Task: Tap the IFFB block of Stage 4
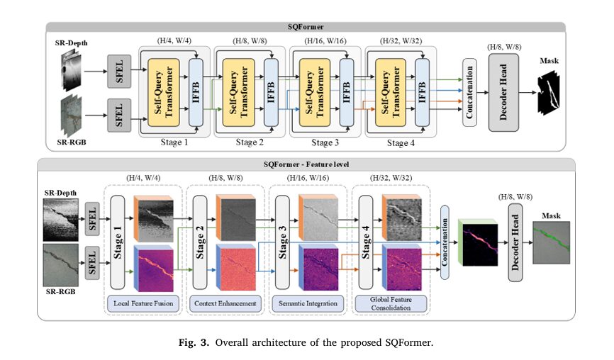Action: click(422, 92)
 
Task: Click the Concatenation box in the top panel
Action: click(469, 92)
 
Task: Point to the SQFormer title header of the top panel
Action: click(306, 26)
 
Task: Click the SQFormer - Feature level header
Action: click(306, 164)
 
